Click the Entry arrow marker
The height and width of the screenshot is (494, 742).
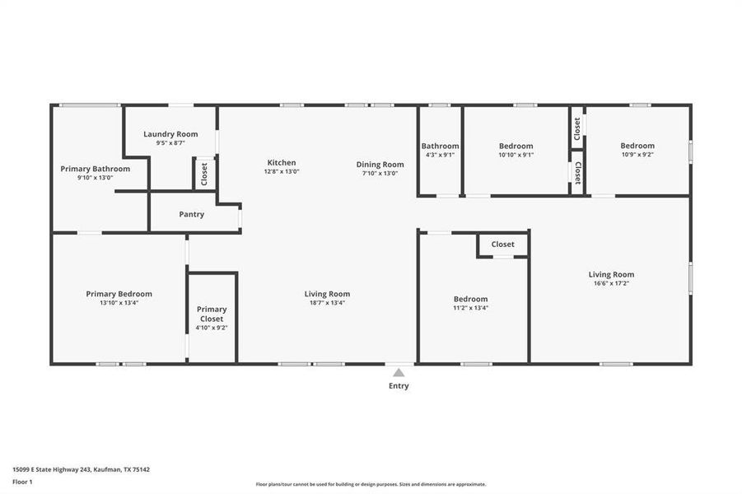click(399, 372)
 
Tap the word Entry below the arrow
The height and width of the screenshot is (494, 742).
click(399, 385)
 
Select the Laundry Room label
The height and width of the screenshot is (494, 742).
click(170, 134)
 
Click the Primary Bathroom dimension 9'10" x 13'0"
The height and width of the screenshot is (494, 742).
click(95, 177)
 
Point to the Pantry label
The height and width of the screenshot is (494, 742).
click(191, 214)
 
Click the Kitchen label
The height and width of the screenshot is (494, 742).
click(281, 162)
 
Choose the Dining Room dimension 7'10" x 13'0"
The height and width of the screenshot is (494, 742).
click(380, 173)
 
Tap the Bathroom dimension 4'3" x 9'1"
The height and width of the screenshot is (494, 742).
click(440, 155)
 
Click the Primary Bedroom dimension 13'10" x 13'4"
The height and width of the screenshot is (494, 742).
click(119, 302)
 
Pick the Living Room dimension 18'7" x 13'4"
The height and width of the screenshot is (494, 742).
click(327, 302)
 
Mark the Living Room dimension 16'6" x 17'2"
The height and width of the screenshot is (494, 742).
click(611, 283)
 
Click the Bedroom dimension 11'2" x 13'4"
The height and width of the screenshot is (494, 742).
click(470, 308)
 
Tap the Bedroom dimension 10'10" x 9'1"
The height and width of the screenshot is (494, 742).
click(516, 155)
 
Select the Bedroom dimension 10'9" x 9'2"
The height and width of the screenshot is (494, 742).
click(637, 155)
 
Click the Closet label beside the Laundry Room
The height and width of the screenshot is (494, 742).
click(204, 174)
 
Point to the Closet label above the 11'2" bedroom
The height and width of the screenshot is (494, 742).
click(502, 244)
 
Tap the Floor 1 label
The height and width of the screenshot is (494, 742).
click(22, 481)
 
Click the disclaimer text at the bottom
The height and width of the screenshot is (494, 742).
click(371, 484)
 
